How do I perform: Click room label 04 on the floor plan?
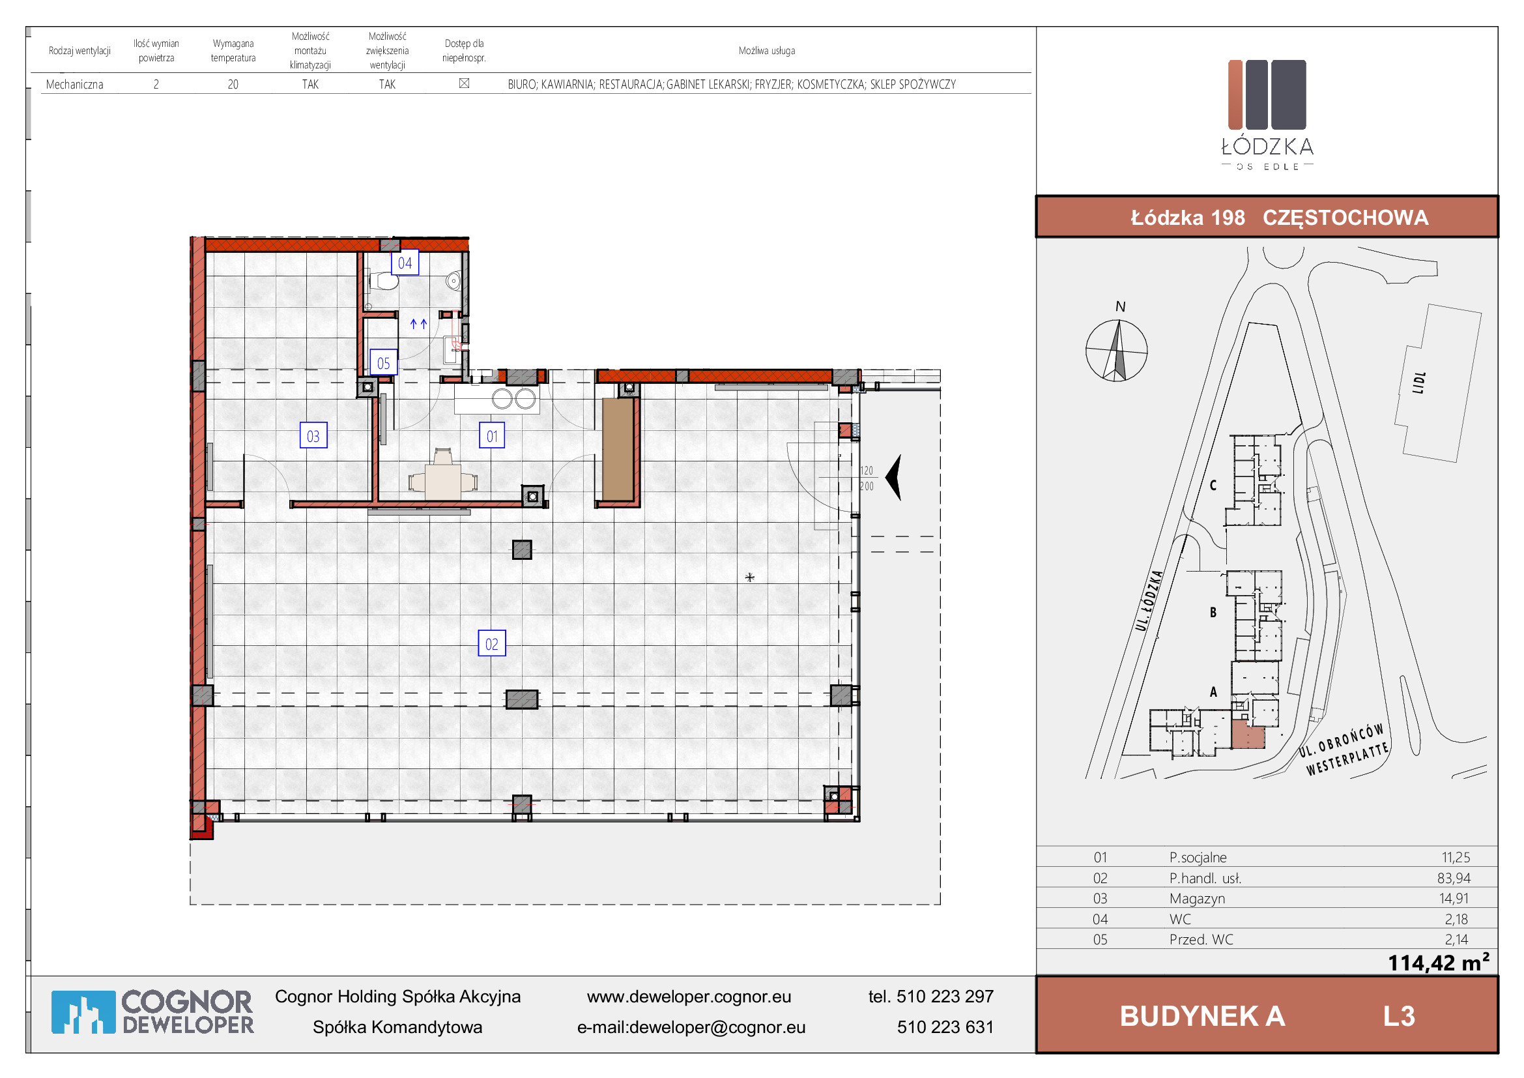pyautogui.click(x=405, y=263)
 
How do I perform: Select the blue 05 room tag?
pyautogui.click(x=384, y=363)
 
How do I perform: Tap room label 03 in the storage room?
pyautogui.click(x=313, y=436)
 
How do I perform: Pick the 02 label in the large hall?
pyautogui.click(x=492, y=644)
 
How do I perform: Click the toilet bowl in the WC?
pyautogui.click(x=384, y=281)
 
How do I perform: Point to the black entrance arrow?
pyautogui.click(x=893, y=477)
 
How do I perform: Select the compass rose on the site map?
pyautogui.click(x=1117, y=350)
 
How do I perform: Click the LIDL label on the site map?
pyautogui.click(x=1419, y=383)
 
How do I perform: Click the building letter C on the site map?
pyautogui.click(x=1213, y=486)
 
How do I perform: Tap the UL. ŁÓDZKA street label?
pyautogui.click(x=1148, y=601)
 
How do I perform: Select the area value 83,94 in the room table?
pyautogui.click(x=1454, y=878)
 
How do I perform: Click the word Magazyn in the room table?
pyautogui.click(x=1198, y=899)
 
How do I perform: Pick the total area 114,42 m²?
pyautogui.click(x=1439, y=962)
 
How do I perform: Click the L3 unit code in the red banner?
pyautogui.click(x=1399, y=1016)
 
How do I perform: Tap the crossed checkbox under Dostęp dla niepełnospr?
pyautogui.click(x=465, y=83)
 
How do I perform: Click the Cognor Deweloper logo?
pyautogui.click(x=152, y=1012)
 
